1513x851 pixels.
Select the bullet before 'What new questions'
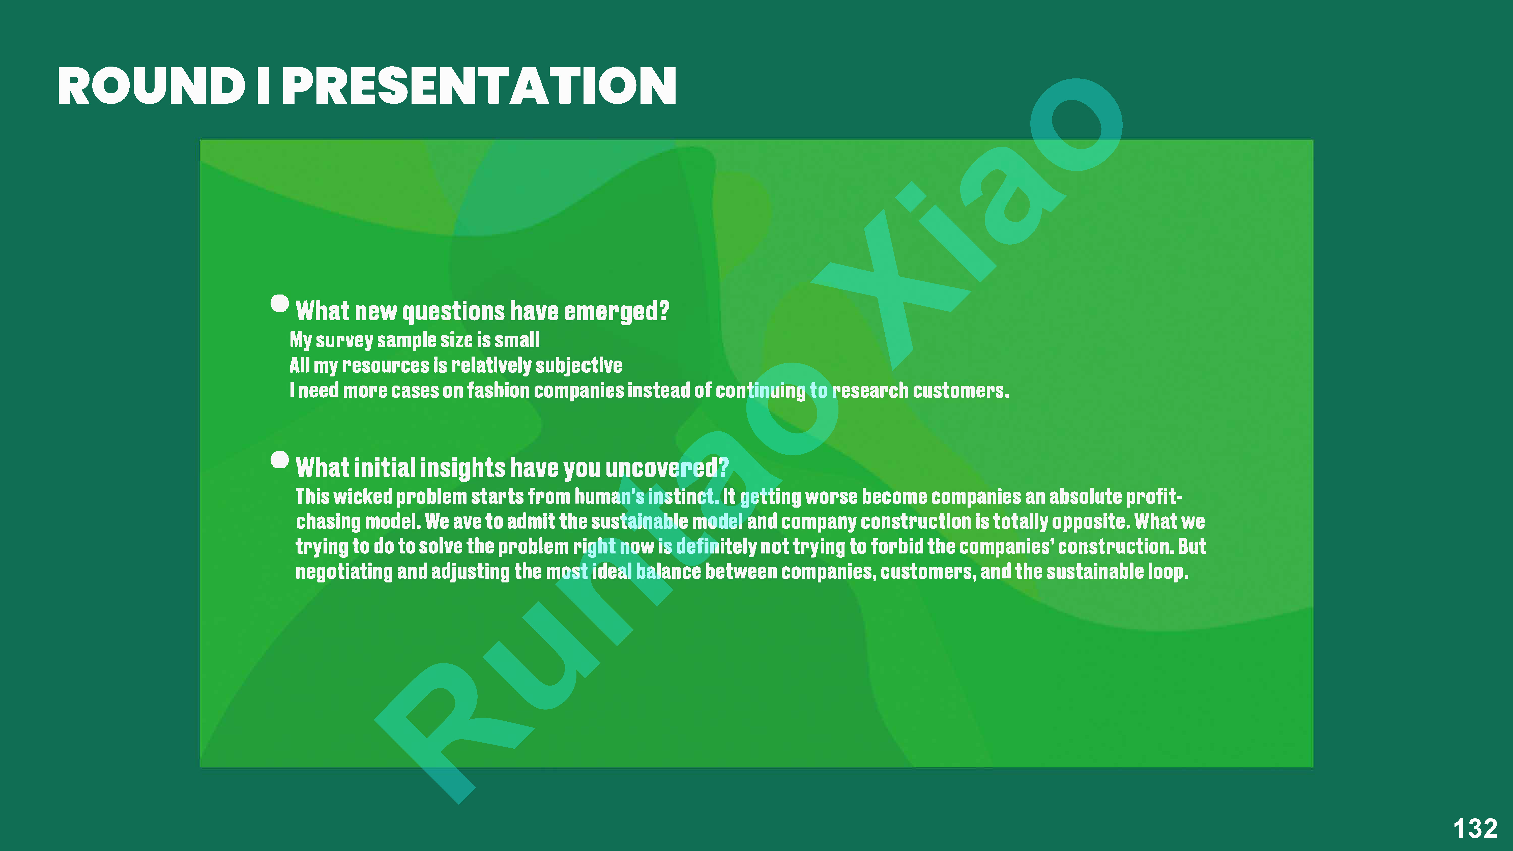(x=280, y=304)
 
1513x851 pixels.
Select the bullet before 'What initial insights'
(x=280, y=460)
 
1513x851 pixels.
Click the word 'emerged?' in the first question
(x=617, y=311)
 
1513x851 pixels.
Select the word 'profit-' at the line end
(x=1154, y=497)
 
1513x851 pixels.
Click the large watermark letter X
(x=881, y=276)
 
